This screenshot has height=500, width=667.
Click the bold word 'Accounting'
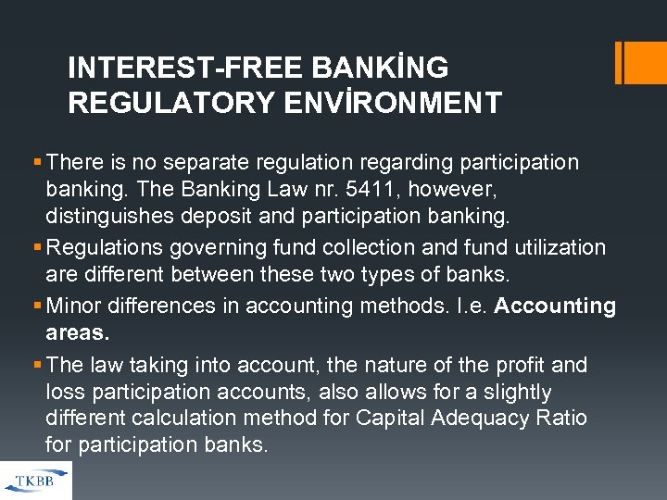(555, 306)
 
